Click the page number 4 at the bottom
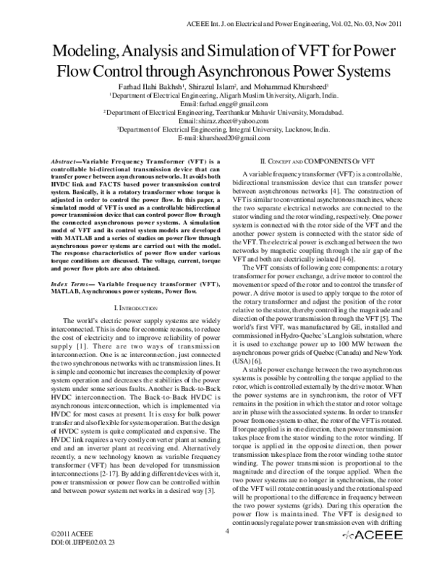[x=226, y=531]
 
